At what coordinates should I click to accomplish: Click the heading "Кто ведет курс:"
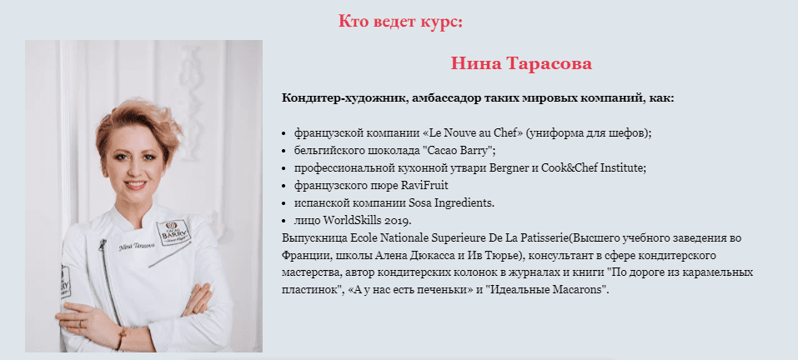[400, 22]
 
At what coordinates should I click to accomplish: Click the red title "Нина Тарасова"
[521, 63]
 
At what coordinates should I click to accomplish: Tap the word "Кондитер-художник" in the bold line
[344, 97]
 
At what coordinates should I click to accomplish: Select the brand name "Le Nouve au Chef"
[476, 133]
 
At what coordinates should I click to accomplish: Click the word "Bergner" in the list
[509, 168]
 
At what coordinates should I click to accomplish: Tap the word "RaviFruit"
[425, 186]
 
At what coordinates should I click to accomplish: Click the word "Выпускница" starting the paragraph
[314, 238]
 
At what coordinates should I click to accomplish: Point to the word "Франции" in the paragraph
[302, 255]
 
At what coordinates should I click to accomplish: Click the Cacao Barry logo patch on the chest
[173, 232]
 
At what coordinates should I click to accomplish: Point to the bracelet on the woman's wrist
[121, 338]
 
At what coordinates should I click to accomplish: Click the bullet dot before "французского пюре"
[284, 186]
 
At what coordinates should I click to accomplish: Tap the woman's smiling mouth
[135, 184]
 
